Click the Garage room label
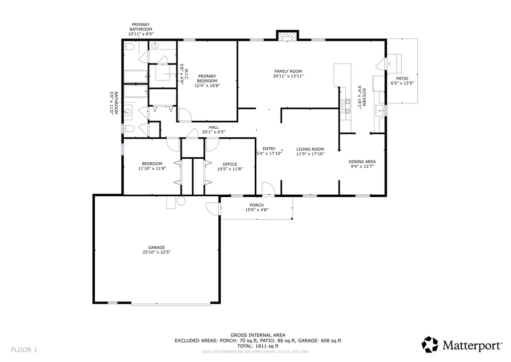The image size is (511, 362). point(157,248)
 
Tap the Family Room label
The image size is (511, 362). point(288,71)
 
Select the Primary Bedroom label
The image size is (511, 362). point(207,78)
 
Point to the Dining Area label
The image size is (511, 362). point(362,162)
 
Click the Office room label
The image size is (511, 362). point(230,164)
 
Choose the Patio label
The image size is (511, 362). point(402,78)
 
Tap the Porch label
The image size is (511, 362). point(257,205)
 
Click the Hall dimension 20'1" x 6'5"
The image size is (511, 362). point(214,132)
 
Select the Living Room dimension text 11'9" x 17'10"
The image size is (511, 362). point(310,154)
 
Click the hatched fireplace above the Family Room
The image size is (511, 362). point(288,36)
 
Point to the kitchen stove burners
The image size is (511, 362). point(345,106)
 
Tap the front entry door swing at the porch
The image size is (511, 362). point(269,189)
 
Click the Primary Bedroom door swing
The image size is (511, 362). point(185,115)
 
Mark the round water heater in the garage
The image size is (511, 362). point(181,201)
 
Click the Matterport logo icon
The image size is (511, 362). point(430,345)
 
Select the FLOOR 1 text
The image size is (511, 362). point(24,350)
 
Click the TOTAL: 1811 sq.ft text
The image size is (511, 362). point(258,346)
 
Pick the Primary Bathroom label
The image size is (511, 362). point(141,27)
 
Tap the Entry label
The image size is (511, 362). point(269,148)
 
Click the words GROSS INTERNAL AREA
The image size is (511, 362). point(258,335)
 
